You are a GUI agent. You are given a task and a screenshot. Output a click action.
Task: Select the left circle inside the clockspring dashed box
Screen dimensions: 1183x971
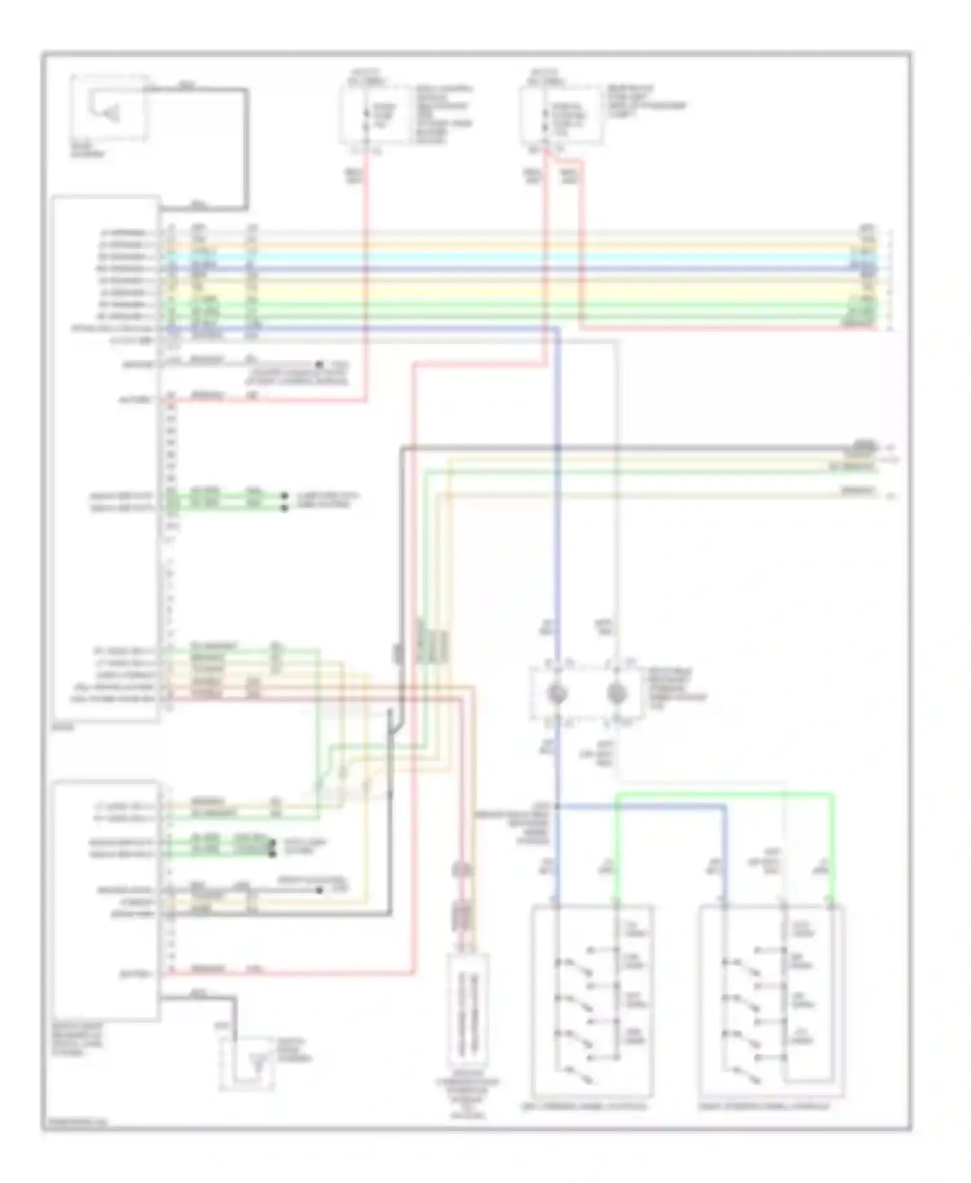(x=556, y=694)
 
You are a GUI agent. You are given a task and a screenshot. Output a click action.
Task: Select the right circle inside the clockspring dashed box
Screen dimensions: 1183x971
(x=617, y=694)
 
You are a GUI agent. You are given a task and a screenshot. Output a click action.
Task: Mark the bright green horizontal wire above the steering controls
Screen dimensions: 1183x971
(x=725, y=794)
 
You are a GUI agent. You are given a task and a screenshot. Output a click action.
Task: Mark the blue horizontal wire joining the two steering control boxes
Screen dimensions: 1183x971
(x=641, y=806)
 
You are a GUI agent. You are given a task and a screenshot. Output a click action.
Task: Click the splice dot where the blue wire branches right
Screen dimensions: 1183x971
(x=557, y=806)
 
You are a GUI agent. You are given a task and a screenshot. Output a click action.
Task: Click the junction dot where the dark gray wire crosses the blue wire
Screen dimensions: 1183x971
(x=557, y=448)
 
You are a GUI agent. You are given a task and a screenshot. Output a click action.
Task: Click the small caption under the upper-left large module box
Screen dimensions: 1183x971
(x=62, y=727)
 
